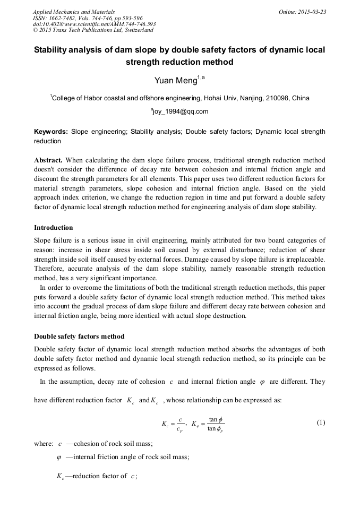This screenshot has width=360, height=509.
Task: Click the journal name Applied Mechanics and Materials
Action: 74,11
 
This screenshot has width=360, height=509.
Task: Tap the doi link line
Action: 94,24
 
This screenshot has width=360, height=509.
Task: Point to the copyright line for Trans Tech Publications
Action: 93,30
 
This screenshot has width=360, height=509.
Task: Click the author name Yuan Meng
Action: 176,81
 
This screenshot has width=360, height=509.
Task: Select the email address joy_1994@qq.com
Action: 180,111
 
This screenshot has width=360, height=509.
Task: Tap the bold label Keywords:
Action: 51,131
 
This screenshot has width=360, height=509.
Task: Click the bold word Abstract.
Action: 48,160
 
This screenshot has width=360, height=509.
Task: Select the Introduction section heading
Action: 54,228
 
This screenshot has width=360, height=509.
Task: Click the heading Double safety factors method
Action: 79,336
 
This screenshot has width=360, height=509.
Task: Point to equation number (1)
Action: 321,423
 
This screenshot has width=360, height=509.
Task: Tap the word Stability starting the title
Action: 51,50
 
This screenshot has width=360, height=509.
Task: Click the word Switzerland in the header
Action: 135,30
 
